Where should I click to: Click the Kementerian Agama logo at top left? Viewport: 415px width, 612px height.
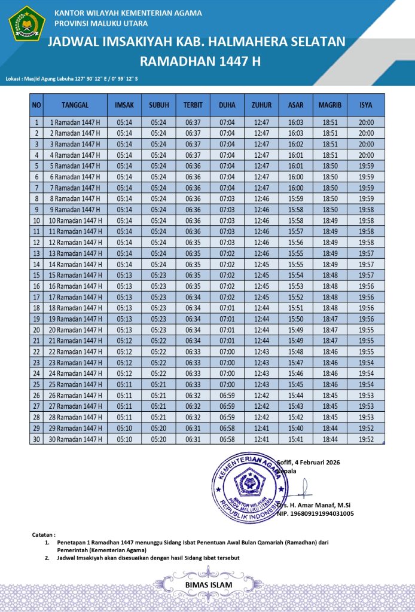(27, 23)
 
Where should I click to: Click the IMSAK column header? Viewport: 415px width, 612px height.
(124, 105)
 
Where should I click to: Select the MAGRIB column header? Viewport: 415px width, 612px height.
(330, 105)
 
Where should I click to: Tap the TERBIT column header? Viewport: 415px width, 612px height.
(193, 105)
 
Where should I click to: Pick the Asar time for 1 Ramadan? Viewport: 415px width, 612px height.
(295, 123)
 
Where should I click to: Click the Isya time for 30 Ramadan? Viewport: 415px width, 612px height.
(366, 439)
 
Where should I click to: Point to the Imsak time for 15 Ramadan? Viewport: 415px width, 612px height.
(124, 275)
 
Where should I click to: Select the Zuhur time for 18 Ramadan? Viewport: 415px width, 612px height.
(261, 308)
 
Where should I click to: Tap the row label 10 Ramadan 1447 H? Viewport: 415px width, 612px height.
(76, 221)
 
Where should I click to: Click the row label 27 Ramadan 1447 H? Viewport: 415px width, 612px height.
(76, 406)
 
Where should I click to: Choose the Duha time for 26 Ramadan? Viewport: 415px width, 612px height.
(227, 396)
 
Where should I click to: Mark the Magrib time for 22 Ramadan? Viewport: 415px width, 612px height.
(330, 352)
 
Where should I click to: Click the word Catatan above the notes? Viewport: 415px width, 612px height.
(43, 534)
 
